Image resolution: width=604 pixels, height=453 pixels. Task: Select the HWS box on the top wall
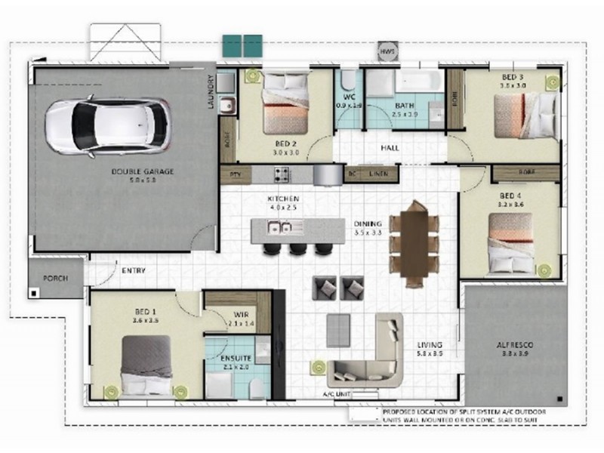click(x=387, y=51)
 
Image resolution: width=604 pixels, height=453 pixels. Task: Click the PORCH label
click(x=56, y=278)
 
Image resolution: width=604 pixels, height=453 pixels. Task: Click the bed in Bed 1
click(x=146, y=365)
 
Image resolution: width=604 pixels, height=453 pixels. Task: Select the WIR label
click(x=242, y=313)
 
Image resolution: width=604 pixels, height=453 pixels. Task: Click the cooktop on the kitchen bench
click(x=282, y=174)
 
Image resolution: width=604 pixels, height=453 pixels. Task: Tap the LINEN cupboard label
click(x=378, y=174)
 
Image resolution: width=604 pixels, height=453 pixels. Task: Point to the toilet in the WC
click(x=349, y=80)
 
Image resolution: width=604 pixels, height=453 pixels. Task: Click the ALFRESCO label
click(x=513, y=345)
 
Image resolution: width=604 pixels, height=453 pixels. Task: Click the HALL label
click(x=390, y=148)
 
